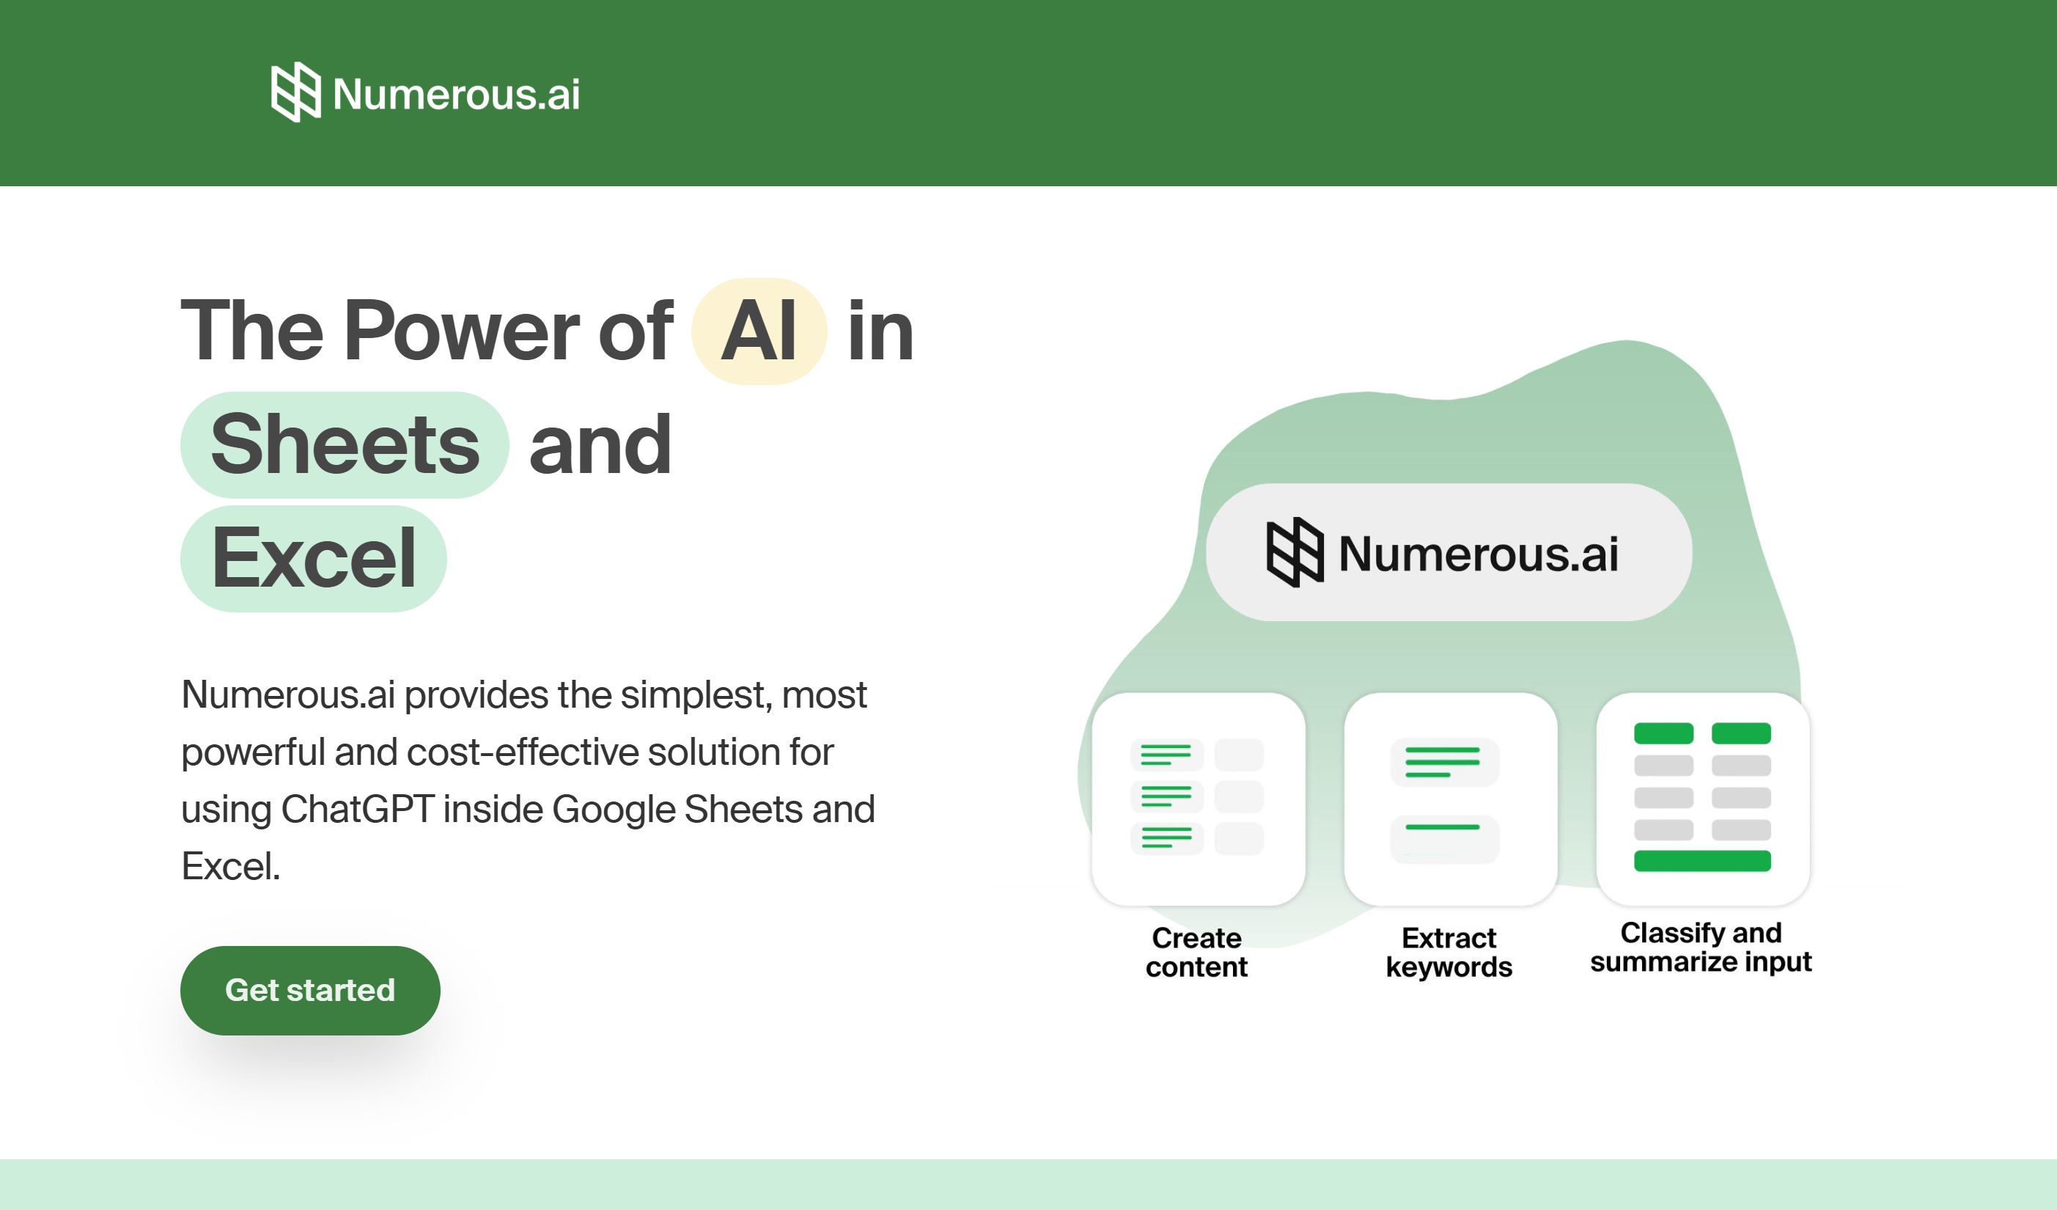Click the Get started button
(310, 991)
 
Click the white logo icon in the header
(295, 92)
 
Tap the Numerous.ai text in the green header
(456, 94)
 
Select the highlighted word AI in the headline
(759, 331)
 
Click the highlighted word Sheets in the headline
(345, 445)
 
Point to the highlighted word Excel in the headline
(314, 559)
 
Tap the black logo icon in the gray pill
(1295, 552)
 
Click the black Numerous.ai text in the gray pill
(1479, 554)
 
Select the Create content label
(1196, 952)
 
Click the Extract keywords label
(1449, 952)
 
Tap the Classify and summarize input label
(1701, 947)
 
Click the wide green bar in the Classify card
(1703, 860)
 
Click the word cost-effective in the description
(523, 752)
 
